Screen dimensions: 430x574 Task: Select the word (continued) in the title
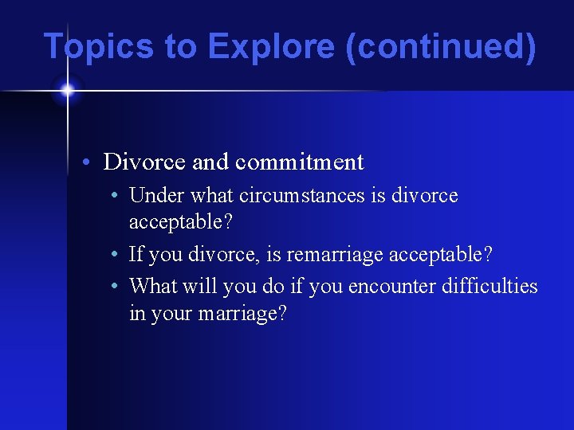click(441, 46)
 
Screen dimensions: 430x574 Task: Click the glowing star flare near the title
click(67, 90)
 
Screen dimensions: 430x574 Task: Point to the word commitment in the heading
click(299, 162)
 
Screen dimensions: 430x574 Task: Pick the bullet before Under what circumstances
click(116, 196)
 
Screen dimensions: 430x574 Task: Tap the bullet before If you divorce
click(116, 256)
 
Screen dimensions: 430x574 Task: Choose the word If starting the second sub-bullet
click(135, 255)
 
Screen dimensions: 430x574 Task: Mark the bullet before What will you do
click(116, 286)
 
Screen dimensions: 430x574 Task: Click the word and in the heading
click(210, 162)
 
